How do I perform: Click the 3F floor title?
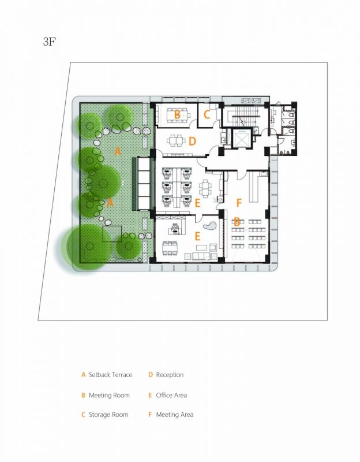(x=50, y=42)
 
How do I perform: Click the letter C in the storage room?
(x=207, y=114)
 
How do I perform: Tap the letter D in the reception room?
(x=193, y=141)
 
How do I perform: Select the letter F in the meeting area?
(x=239, y=203)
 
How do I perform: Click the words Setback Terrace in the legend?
(x=110, y=375)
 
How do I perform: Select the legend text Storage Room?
(x=108, y=415)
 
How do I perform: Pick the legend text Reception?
(x=170, y=375)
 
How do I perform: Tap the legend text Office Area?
(x=171, y=396)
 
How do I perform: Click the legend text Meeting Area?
(x=174, y=415)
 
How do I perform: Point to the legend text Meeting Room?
(x=109, y=396)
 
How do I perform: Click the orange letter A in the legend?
(x=84, y=375)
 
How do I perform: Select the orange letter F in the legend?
(x=150, y=415)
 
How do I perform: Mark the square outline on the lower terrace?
(x=112, y=233)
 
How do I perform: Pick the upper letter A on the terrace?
(x=118, y=151)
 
